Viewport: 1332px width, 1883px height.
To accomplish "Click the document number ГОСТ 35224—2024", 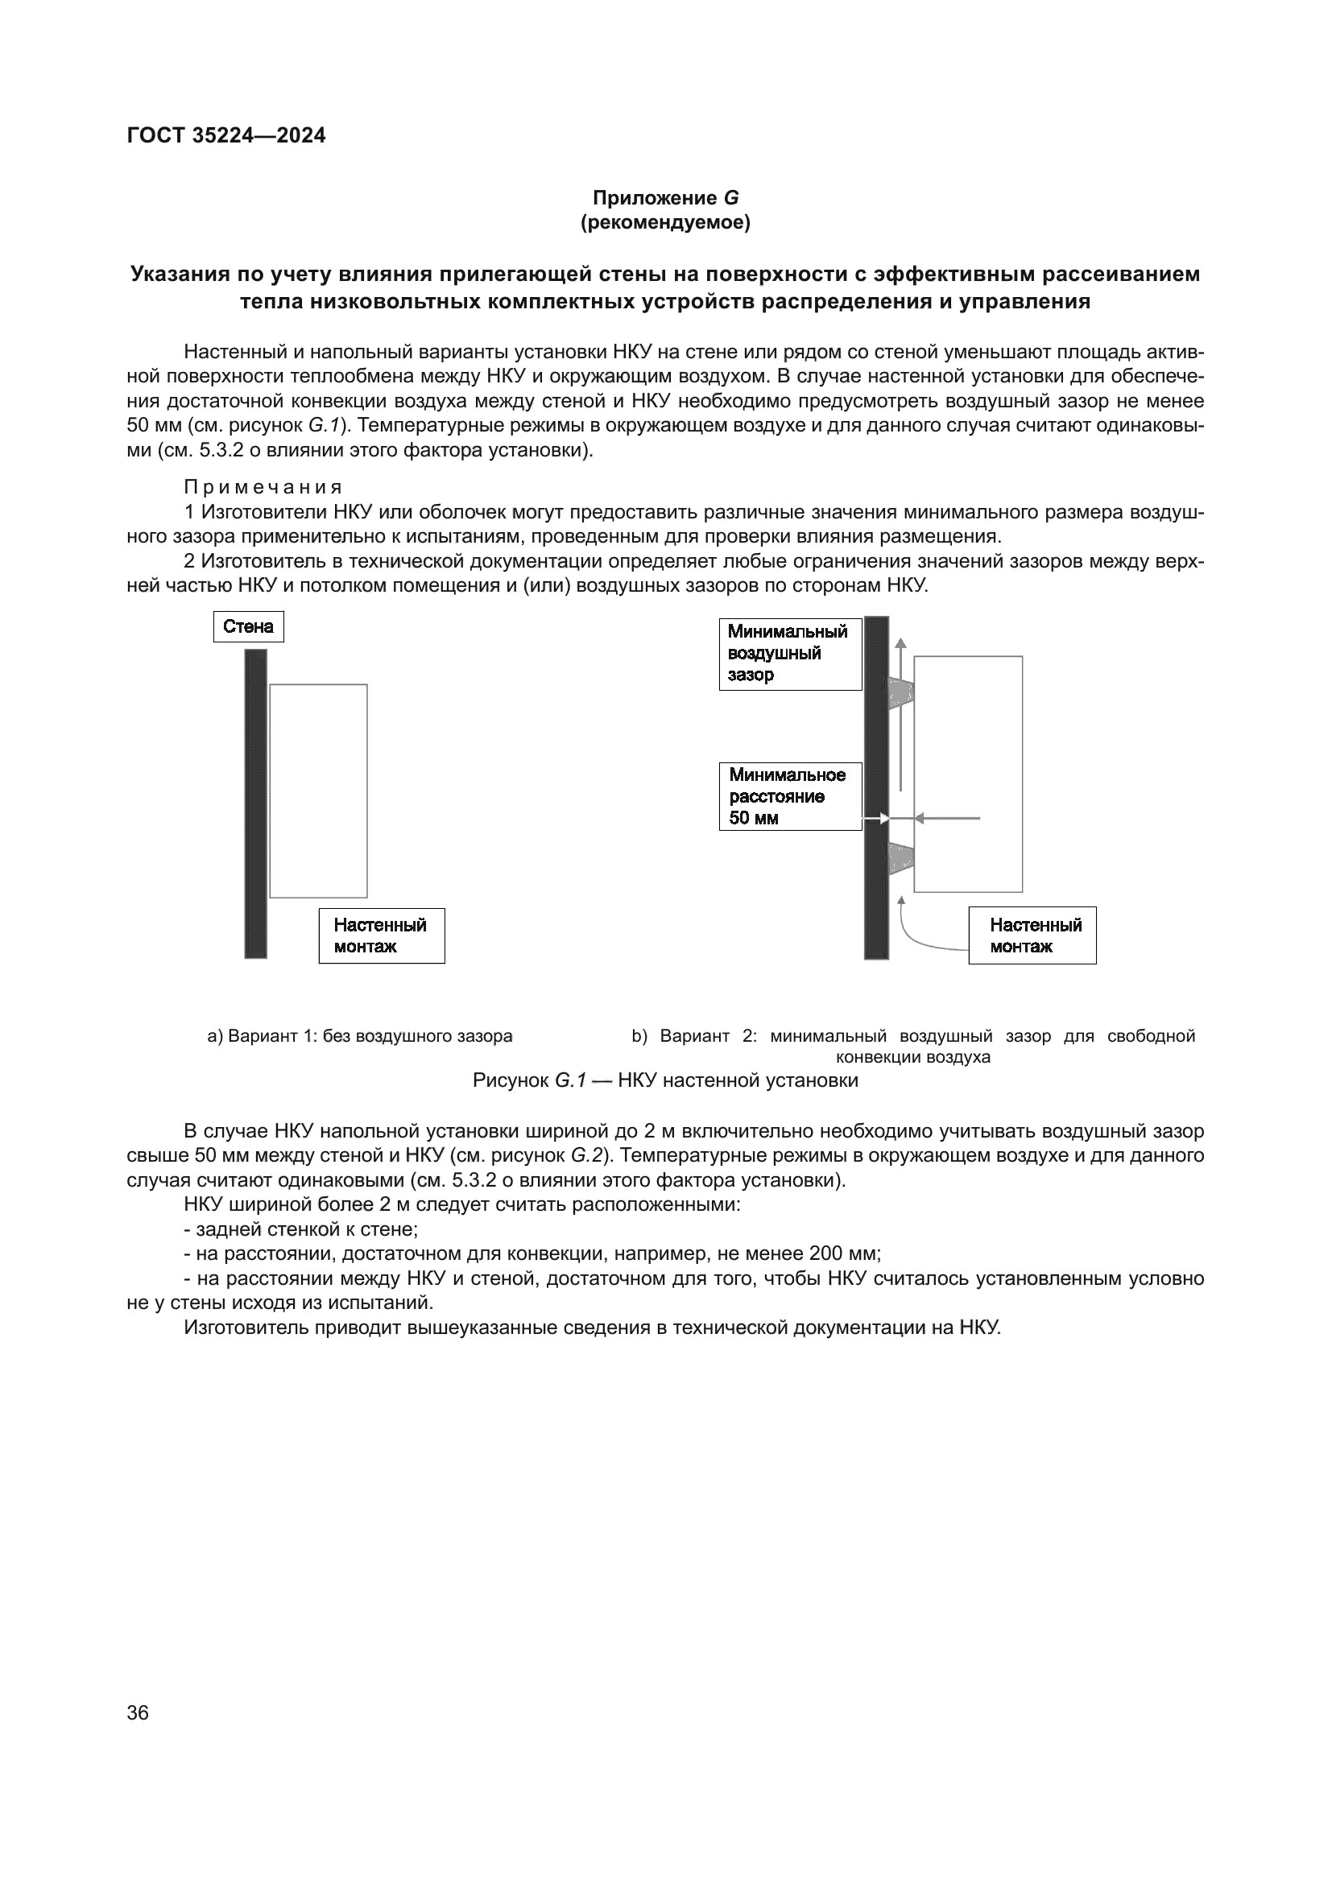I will click(x=226, y=136).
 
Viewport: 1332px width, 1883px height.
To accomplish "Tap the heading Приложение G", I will click(x=665, y=198).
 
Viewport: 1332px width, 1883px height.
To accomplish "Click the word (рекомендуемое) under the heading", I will click(x=665, y=222).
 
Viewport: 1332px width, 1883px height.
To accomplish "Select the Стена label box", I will click(x=249, y=627).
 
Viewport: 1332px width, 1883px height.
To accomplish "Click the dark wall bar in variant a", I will click(x=256, y=803).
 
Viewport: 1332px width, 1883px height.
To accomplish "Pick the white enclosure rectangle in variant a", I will click(x=318, y=791).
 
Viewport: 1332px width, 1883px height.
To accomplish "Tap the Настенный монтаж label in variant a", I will click(x=382, y=935).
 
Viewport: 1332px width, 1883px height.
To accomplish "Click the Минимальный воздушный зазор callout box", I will click(x=790, y=654).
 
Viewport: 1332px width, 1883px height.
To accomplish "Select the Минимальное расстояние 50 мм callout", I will click(x=790, y=796).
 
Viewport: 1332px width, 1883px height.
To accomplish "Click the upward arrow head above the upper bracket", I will click(x=900, y=645).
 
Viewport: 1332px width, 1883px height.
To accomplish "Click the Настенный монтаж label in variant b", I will click(x=1032, y=935).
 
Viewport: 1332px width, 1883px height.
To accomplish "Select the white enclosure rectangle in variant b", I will click(x=968, y=774).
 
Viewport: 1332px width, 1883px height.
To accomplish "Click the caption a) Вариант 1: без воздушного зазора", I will click(x=359, y=1036).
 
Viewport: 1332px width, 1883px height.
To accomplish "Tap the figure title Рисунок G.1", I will click(x=665, y=1081).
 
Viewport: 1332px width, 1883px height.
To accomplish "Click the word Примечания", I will click(x=263, y=488).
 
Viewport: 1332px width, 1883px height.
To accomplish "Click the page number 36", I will click(x=138, y=1712).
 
